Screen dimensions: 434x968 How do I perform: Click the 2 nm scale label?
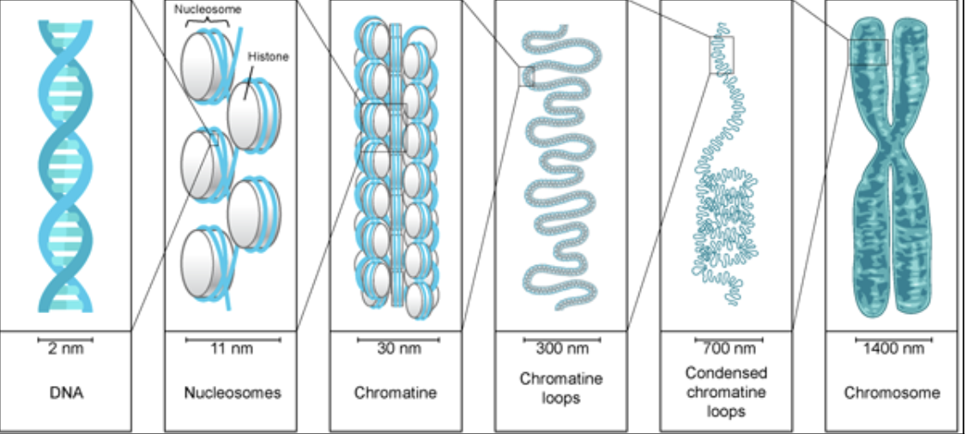coord(65,349)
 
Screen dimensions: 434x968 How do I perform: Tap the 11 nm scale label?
coord(232,349)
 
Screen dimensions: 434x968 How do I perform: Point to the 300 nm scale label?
coord(562,349)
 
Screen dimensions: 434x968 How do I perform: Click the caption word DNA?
coord(65,394)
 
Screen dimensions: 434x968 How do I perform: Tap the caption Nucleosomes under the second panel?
coord(233,394)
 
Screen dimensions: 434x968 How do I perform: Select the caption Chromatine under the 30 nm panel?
coord(396,394)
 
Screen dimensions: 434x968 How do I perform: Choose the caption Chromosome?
coord(892,394)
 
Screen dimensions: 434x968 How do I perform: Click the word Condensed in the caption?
coord(726,374)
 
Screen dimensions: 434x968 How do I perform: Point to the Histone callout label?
coord(268,57)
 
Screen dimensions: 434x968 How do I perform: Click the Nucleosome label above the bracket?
coord(208,9)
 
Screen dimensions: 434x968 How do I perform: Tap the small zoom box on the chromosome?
coord(868,52)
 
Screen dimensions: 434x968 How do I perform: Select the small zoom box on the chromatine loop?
coord(526,77)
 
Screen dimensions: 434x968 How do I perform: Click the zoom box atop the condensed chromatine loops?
coord(722,54)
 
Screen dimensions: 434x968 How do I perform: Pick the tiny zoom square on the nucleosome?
coord(214,139)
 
